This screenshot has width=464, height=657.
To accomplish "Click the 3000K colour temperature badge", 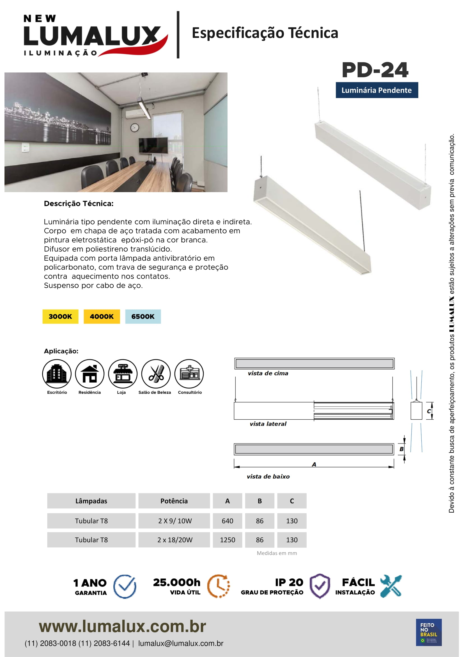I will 60,316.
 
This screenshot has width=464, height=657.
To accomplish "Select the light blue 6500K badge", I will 143,316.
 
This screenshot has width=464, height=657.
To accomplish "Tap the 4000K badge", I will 102,316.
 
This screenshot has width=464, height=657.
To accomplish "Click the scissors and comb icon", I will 156,373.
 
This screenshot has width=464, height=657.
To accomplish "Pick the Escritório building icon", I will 57,373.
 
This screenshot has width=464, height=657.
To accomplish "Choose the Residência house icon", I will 90,373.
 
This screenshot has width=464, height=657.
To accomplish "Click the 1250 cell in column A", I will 228,540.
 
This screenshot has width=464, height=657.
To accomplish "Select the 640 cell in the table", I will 228,521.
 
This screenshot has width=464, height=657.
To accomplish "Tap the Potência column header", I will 174,501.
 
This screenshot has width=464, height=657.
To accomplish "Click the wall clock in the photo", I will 135,128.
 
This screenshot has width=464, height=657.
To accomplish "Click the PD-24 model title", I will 375,70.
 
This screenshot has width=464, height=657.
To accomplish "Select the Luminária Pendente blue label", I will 376,90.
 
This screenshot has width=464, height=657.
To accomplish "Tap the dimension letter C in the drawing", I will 429,411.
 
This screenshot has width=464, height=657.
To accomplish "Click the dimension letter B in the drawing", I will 401,449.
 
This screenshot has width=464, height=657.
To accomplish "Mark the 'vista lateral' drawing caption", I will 268,424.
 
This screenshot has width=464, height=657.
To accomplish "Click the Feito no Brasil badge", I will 429,632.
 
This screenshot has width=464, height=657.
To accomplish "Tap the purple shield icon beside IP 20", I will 320,586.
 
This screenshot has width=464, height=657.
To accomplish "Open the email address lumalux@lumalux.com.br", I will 181,643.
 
